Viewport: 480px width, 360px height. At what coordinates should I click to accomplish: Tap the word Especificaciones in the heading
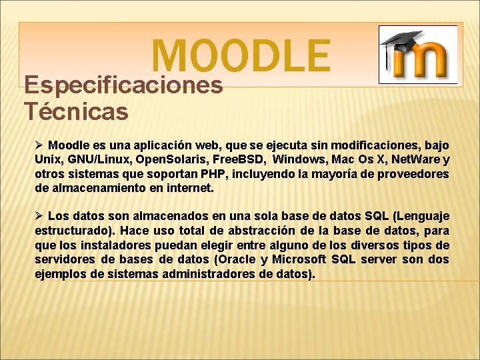123,85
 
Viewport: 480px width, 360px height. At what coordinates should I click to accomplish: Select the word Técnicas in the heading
75,111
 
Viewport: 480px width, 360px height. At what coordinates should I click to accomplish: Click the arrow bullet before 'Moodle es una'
39,145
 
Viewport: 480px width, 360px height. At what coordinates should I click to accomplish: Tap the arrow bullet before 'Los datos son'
39,216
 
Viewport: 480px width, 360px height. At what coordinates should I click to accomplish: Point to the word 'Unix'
47,159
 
